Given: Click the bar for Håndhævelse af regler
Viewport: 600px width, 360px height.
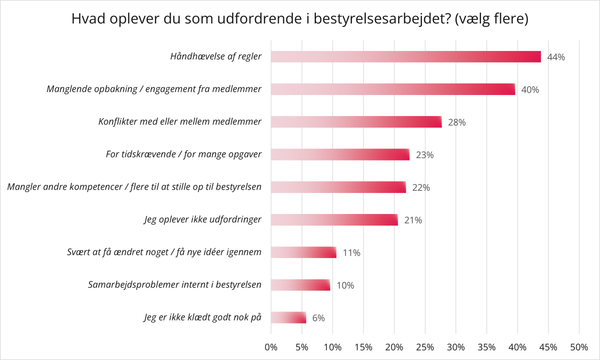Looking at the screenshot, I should (x=406, y=56).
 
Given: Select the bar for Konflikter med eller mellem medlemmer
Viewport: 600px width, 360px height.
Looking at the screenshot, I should (x=356, y=122).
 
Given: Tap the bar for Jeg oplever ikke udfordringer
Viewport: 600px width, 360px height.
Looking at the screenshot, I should (x=334, y=220).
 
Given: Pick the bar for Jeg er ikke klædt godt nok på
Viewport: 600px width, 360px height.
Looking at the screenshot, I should (x=288, y=317).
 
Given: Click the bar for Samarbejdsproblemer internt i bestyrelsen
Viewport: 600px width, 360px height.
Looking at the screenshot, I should (x=300, y=285).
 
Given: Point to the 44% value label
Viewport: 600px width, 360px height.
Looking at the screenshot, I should (x=556, y=57).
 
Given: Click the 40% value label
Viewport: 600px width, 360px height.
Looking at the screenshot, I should (x=530, y=90).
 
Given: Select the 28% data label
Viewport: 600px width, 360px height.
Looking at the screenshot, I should (x=457, y=122).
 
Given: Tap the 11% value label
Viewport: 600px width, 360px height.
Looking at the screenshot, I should (x=351, y=252).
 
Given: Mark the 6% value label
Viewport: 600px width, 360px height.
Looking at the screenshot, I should (x=319, y=318).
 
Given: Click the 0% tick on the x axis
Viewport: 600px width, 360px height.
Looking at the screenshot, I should (x=271, y=347).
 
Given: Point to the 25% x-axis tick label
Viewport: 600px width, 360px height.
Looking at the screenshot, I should (x=425, y=347).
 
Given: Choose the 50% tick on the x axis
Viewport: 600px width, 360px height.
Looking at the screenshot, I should (x=579, y=347).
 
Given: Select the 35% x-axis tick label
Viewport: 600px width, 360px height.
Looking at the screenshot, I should (x=486, y=347).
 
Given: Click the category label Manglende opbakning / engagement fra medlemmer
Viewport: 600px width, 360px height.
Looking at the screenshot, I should (x=154, y=89).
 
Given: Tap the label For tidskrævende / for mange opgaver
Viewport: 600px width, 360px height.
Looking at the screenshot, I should (x=184, y=154).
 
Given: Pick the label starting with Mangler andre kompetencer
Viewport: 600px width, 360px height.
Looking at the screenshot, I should (x=135, y=187).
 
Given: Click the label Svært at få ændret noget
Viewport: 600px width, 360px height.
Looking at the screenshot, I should (x=164, y=252).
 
